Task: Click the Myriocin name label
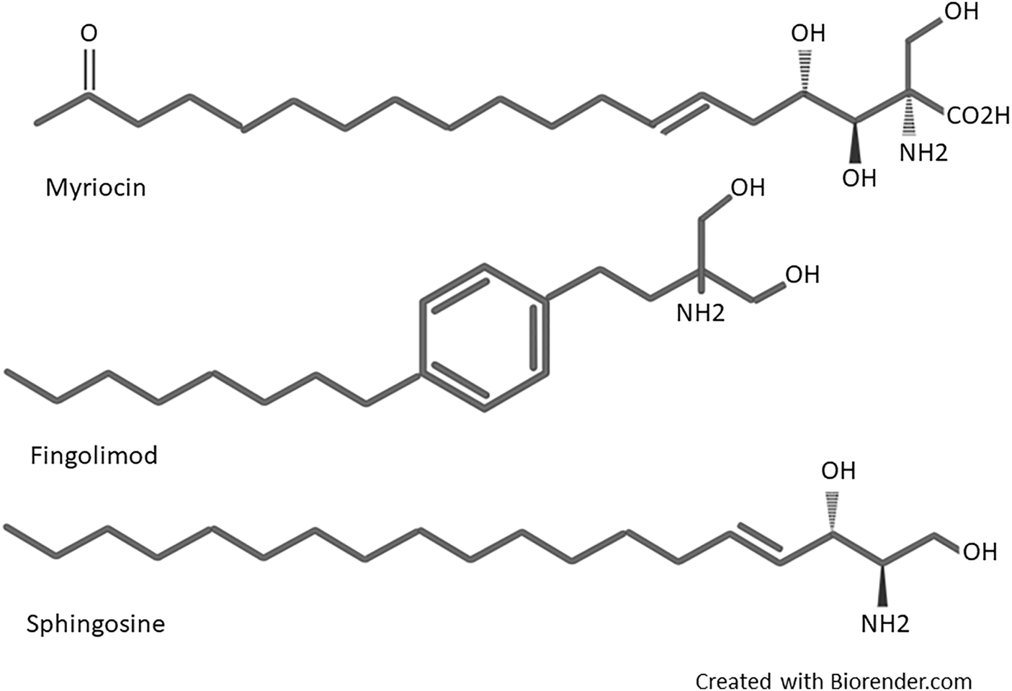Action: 95,188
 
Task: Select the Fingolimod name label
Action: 94,456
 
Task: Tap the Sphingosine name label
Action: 95,623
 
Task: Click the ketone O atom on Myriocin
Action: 89,34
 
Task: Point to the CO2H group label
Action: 977,116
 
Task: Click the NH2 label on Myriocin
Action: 923,152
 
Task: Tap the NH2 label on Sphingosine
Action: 885,623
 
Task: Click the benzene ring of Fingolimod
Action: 483,337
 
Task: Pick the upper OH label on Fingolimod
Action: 748,188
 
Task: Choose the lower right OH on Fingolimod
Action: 802,274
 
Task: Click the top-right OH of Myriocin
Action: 961,12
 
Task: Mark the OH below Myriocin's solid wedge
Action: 859,178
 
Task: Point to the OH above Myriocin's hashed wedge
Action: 807,34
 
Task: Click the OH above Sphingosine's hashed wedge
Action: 838,471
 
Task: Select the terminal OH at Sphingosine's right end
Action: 980,552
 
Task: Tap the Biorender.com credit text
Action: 833,680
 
